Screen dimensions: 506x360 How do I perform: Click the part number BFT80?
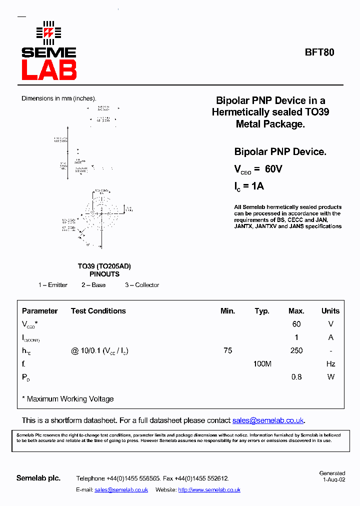coord(320,52)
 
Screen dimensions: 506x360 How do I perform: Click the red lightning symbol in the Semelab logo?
coord(48,33)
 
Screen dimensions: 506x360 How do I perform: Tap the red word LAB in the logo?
coord(49,70)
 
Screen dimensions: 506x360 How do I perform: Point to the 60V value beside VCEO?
coord(273,169)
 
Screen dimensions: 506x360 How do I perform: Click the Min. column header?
coord(227,311)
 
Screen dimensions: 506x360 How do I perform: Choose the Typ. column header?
coord(262,311)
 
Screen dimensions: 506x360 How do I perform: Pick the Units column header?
coord(330,311)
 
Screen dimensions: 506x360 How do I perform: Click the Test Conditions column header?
coord(98,311)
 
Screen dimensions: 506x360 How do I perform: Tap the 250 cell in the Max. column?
coord(296,350)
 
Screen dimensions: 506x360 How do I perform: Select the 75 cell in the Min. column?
coord(228,350)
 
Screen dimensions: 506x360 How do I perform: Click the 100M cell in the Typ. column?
coord(262,364)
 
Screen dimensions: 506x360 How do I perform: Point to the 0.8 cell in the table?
coord(296,377)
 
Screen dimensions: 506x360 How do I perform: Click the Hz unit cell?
coord(330,364)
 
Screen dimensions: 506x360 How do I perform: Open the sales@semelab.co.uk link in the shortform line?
coord(268,420)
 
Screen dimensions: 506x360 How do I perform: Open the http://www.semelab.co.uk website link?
coord(209,490)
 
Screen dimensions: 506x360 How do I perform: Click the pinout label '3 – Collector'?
coord(142,285)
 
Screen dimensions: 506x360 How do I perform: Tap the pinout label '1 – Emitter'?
coord(53,285)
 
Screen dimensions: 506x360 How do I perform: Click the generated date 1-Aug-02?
coord(333,479)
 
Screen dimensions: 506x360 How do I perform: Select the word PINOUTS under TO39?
coord(104,274)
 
